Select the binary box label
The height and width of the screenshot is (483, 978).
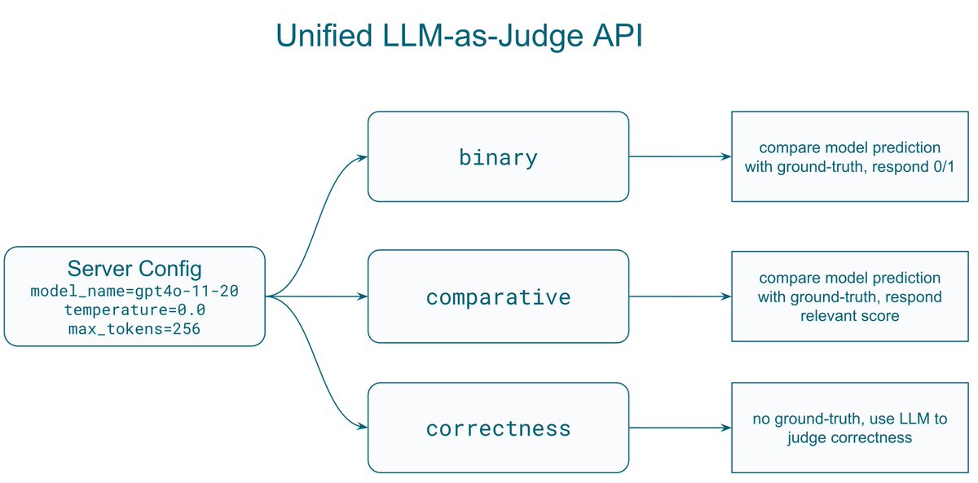coord(498,156)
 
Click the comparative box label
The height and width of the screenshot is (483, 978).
coord(498,296)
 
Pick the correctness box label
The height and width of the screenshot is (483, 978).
coord(498,428)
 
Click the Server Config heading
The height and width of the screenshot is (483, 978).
coord(134,269)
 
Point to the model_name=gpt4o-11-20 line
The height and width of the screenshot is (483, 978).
coord(134,291)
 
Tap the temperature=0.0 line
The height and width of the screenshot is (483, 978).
coord(134,310)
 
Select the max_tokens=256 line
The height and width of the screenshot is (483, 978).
coord(134,329)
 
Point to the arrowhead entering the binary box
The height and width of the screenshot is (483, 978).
coord(363,156)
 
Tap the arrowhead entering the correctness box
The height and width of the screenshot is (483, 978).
coord(363,428)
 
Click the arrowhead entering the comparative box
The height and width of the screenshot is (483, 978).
coord(363,296)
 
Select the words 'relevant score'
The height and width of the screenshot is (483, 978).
coord(850,314)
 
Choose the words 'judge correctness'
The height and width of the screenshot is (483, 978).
coord(849,437)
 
